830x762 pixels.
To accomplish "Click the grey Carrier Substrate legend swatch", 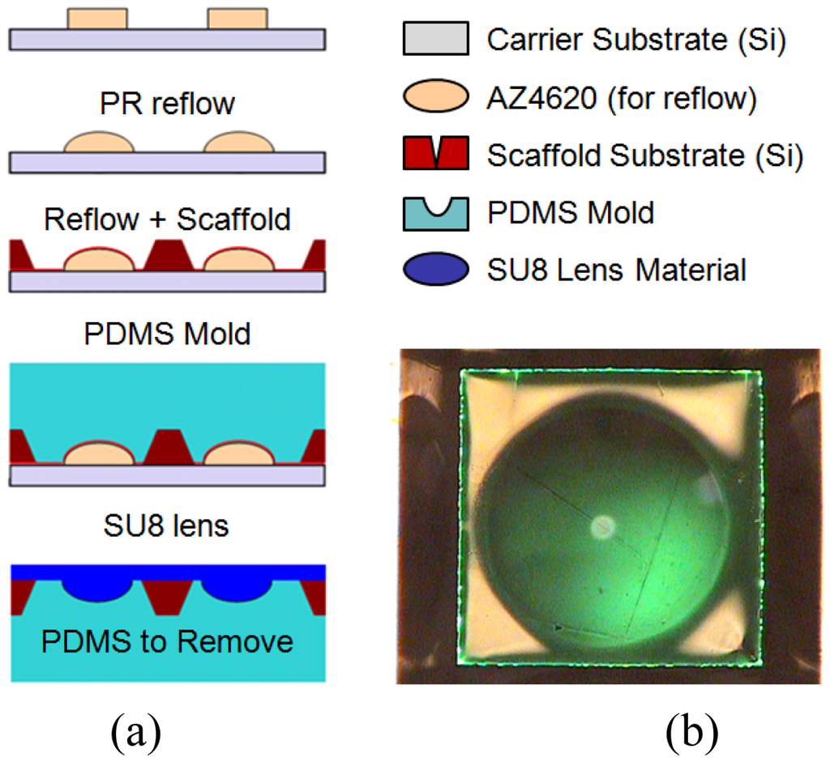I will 435,40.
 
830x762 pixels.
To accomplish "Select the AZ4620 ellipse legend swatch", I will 435,96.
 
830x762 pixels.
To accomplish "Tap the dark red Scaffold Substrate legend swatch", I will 435,153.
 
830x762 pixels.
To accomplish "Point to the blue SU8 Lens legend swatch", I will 435,270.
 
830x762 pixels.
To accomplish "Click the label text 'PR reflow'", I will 167,104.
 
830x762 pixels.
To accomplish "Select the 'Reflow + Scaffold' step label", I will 167,219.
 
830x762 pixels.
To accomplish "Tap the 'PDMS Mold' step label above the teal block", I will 167,334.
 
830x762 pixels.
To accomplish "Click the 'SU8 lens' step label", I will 167,526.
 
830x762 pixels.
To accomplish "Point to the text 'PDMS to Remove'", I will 167,641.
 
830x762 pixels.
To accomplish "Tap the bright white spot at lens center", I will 601,527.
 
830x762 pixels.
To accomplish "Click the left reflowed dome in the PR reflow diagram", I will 99,142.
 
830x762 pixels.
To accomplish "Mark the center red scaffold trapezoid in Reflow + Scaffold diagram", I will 168,256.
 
